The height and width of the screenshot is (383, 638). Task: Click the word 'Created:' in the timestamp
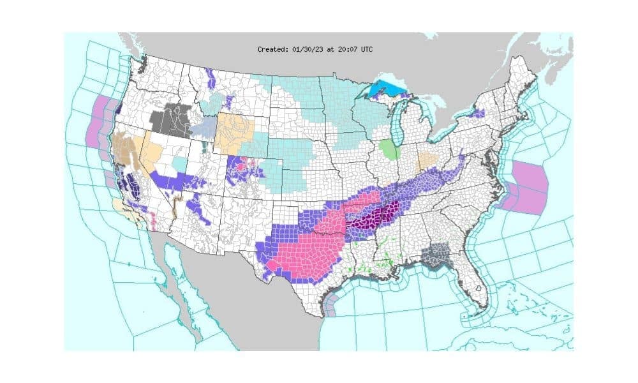click(272, 49)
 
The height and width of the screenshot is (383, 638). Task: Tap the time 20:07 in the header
click(346, 49)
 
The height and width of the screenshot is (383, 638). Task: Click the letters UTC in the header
click(366, 49)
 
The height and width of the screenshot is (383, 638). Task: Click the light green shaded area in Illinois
click(388, 151)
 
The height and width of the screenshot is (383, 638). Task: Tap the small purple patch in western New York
click(478, 113)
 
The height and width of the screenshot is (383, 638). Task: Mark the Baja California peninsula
click(181, 281)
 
